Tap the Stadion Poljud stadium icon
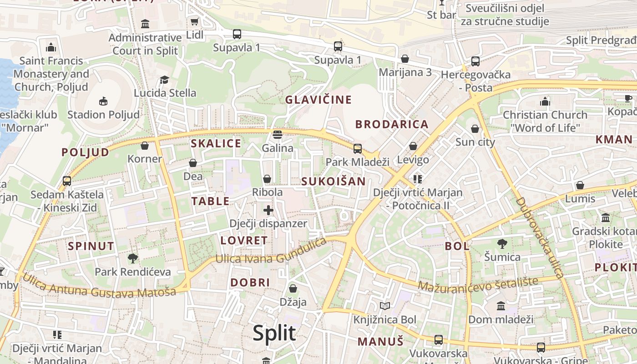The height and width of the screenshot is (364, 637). pyautogui.click(x=103, y=101)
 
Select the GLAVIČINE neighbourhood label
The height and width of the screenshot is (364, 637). pyautogui.click(x=318, y=100)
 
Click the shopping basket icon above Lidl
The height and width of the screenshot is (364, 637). pyautogui.click(x=195, y=21)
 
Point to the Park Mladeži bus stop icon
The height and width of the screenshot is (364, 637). pyautogui.click(x=358, y=148)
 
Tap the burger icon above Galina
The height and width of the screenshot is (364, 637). pyautogui.click(x=277, y=135)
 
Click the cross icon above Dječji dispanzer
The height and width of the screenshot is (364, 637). pyautogui.click(x=268, y=210)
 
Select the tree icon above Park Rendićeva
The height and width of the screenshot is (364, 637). pyautogui.click(x=132, y=258)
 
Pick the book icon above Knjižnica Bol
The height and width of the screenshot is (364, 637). pyautogui.click(x=385, y=306)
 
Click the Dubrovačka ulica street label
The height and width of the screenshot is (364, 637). pyautogui.click(x=540, y=237)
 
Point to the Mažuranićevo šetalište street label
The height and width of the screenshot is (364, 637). pyautogui.click(x=477, y=284)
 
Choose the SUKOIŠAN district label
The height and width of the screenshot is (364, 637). pyautogui.click(x=334, y=181)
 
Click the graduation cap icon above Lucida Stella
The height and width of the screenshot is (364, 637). pyautogui.click(x=165, y=80)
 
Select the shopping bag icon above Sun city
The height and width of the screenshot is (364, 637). pyautogui.click(x=475, y=129)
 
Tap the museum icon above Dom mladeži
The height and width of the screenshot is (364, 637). pyautogui.click(x=501, y=306)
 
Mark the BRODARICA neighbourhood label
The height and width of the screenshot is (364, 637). pyautogui.click(x=392, y=124)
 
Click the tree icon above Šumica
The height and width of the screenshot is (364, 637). pyautogui.click(x=502, y=243)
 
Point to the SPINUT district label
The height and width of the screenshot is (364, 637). pyautogui.click(x=91, y=246)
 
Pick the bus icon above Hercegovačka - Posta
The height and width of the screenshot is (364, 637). pyautogui.click(x=475, y=61)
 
